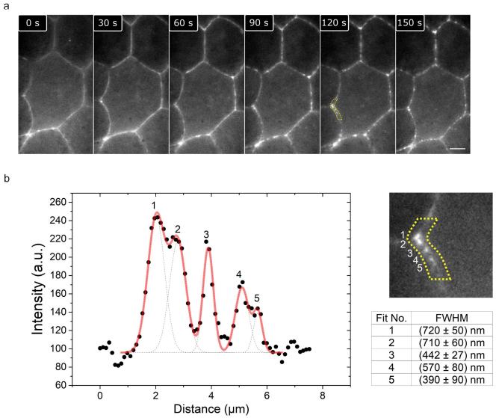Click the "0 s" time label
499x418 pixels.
[34, 22]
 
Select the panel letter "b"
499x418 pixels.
[7, 179]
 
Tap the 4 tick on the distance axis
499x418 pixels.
[211, 396]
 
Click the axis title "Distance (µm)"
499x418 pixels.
[211, 411]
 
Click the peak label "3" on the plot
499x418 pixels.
[206, 235]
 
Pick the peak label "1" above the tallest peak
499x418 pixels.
[154, 206]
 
